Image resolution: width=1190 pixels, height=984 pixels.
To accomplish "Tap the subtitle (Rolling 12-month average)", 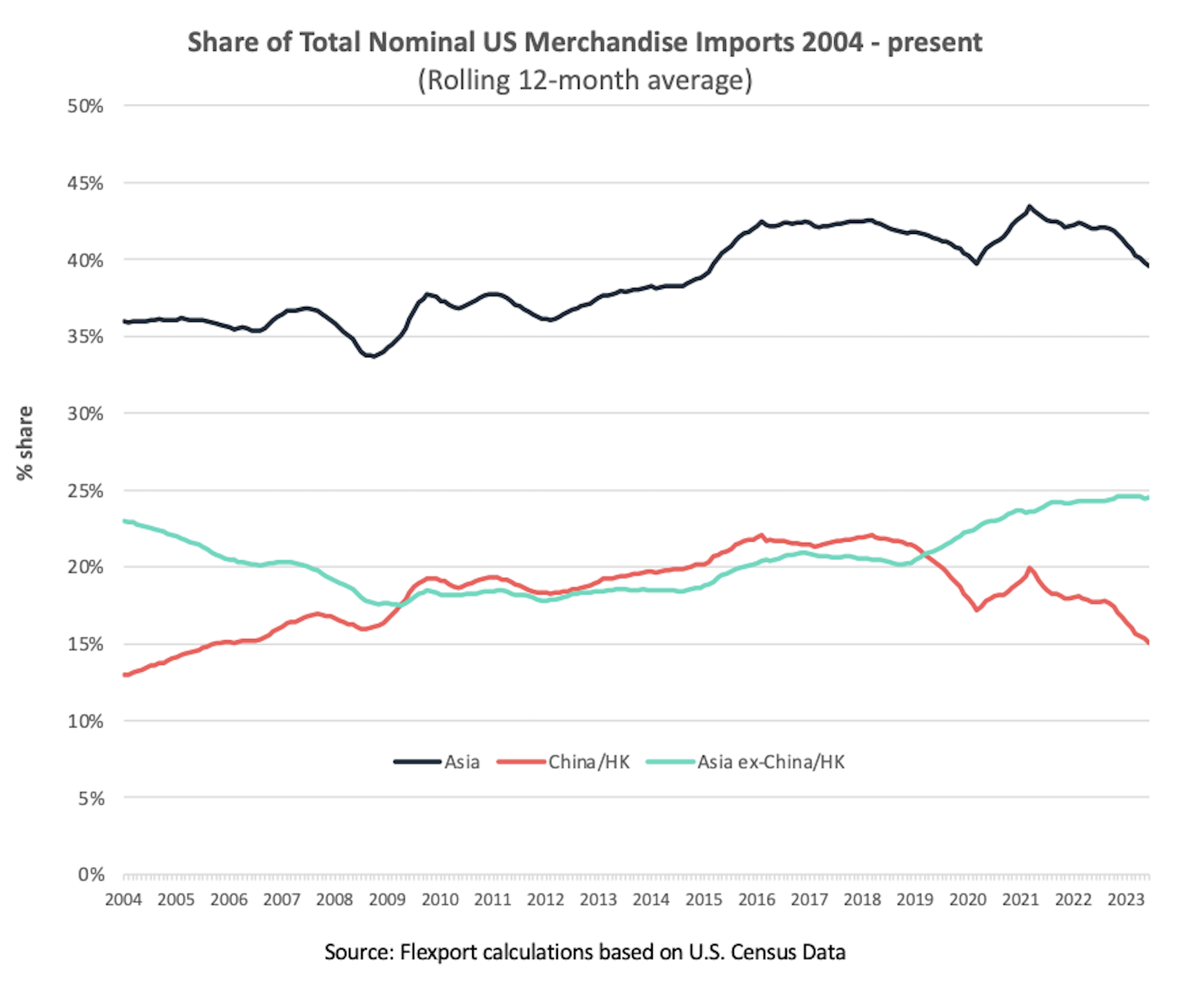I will (585, 81).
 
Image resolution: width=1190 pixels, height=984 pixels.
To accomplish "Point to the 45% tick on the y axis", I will (85, 184).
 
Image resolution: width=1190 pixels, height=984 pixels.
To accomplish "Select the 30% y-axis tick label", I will (85, 414).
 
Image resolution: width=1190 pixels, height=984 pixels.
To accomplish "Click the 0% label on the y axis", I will (91, 875).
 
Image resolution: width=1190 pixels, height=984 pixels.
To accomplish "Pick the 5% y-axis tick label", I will (91, 799).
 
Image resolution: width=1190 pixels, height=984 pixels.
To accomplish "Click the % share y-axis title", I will (25, 443).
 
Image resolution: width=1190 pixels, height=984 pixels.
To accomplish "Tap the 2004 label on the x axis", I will (123, 900).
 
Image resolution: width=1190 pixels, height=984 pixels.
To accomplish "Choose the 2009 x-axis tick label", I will (387, 900).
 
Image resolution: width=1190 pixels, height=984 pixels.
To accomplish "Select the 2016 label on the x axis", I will (757, 900).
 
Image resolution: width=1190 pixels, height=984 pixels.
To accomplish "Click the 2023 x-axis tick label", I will (1126, 900).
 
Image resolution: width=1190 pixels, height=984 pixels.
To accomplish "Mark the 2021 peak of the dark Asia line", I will (1029, 207).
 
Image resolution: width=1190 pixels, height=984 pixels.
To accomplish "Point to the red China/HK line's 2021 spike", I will (1029, 568).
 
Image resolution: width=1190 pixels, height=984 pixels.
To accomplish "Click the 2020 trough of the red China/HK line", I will (977, 609).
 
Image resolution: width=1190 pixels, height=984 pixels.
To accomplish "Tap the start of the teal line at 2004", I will (124, 521).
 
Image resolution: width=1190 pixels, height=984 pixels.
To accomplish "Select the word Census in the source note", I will (759, 952).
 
